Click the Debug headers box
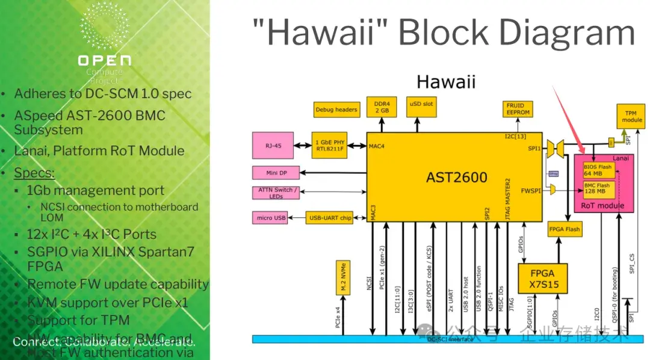[x=336, y=110]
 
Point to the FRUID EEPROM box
[x=518, y=109]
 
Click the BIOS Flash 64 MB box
[x=598, y=170]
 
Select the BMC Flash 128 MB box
[x=598, y=189]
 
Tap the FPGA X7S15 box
[x=542, y=278]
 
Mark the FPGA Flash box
[x=565, y=229]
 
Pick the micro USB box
[x=272, y=217]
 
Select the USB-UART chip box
[x=329, y=217]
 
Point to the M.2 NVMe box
[x=342, y=281]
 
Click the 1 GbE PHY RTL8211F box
[x=329, y=145]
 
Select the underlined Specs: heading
[x=34, y=173]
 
